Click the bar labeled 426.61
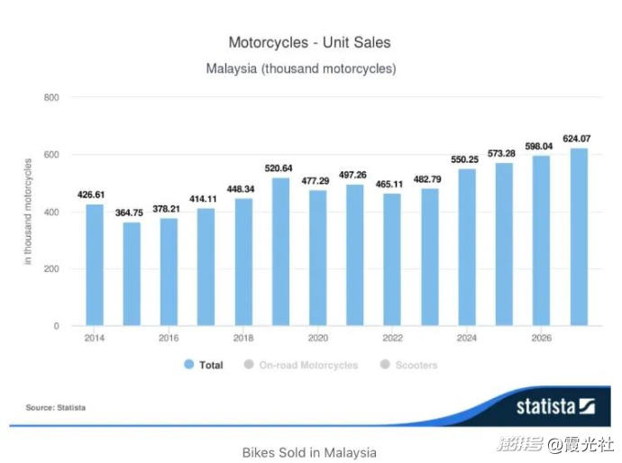(x=95, y=265)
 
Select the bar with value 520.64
(x=280, y=251)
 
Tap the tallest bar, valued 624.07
(x=578, y=237)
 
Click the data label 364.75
(x=132, y=213)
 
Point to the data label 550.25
(x=466, y=159)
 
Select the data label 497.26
(x=354, y=175)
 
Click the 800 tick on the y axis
(x=51, y=97)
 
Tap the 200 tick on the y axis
(x=51, y=269)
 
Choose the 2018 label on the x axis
(x=243, y=338)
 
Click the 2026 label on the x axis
(x=540, y=338)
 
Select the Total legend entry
(x=204, y=365)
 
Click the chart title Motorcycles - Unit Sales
(x=309, y=42)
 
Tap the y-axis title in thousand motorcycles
(x=29, y=211)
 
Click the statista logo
(x=553, y=406)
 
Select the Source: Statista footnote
(x=56, y=408)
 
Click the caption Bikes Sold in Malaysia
(x=309, y=451)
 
